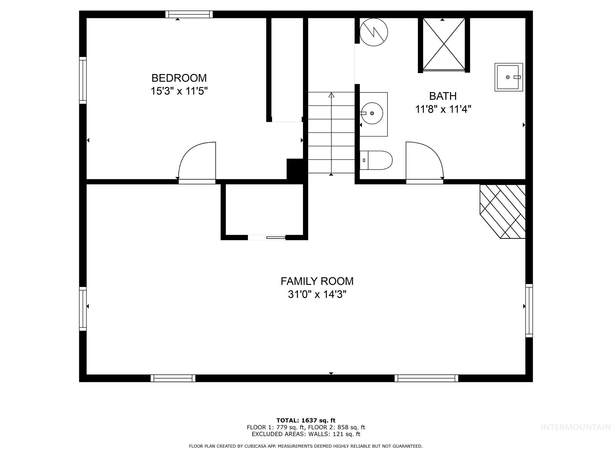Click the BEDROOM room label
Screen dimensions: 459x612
point(179,78)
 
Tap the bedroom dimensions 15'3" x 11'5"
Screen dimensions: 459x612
point(179,91)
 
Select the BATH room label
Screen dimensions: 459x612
point(443,96)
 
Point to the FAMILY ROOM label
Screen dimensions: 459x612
point(317,281)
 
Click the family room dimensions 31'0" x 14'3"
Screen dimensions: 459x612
point(317,294)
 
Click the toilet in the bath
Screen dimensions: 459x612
point(376,160)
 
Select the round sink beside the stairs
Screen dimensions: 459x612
point(372,113)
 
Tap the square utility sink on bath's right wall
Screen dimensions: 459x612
point(508,77)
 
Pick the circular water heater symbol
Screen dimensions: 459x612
point(374,32)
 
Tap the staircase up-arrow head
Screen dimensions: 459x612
point(331,95)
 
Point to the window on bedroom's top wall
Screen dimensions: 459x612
point(189,14)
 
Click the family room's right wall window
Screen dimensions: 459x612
point(529,311)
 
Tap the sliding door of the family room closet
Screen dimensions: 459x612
point(275,237)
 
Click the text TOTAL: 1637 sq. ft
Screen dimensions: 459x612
point(306,420)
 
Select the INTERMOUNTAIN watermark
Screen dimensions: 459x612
point(576,427)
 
